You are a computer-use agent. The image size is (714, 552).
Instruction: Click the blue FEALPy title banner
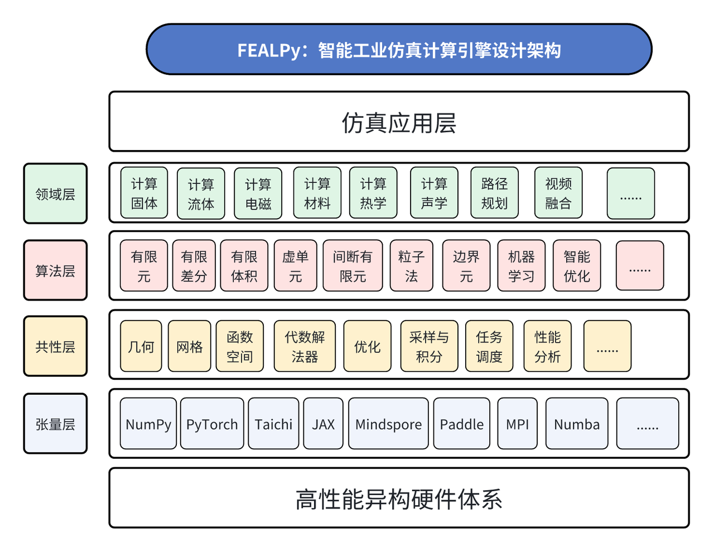[x=399, y=50]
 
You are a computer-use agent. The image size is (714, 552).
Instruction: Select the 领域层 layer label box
[x=55, y=193]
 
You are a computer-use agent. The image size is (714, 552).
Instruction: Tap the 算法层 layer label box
[x=55, y=270]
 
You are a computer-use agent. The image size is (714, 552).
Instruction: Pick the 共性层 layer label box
[x=55, y=346]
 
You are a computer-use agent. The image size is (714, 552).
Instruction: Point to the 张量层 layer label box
[x=55, y=424]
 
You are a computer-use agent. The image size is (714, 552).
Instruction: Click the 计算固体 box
[x=144, y=193]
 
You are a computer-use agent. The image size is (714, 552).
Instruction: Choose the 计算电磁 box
[x=258, y=193]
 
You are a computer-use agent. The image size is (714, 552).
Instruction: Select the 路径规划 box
[x=494, y=193]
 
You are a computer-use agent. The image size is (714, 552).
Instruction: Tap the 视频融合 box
[x=558, y=193]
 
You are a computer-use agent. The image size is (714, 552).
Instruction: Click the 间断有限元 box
[x=353, y=266]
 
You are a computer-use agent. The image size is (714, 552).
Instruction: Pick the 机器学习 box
[x=521, y=266]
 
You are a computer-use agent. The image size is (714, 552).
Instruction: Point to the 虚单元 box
[x=295, y=266]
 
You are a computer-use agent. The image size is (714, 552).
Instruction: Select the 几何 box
[x=141, y=346]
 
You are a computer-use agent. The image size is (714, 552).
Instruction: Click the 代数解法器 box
[x=305, y=346]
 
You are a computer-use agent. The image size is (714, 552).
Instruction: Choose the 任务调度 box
[x=489, y=346]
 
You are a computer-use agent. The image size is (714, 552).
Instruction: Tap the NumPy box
[x=148, y=424]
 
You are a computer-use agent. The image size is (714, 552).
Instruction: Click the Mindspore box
[x=388, y=424]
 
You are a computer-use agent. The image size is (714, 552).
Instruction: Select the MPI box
[x=517, y=424]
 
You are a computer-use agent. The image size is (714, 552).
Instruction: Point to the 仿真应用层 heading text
[x=399, y=122]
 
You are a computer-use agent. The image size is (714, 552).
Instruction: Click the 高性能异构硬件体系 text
[x=399, y=498]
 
